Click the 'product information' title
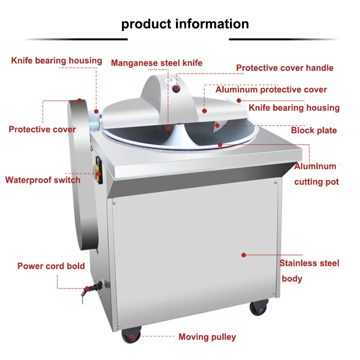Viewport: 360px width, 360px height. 185,24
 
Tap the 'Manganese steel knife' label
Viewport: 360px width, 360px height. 157,63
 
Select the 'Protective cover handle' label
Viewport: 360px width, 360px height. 285,68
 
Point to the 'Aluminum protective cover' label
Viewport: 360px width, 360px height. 271,90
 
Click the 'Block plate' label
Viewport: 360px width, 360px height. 314,130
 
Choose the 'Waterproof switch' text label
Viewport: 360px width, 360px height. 43,180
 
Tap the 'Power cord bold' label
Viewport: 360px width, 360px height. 51,266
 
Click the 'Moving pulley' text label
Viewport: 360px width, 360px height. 207,337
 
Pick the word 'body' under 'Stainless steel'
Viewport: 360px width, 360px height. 292,279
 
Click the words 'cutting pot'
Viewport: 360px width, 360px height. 316,182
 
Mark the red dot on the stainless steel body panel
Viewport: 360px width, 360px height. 243,255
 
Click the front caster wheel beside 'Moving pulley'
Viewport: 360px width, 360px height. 131,336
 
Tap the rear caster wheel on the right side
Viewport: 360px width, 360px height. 259,307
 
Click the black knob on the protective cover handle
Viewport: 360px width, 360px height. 176,89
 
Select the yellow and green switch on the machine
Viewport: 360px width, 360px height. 97,172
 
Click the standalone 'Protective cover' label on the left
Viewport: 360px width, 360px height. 42,130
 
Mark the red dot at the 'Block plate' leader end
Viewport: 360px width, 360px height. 217,126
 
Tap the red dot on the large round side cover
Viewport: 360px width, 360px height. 80,100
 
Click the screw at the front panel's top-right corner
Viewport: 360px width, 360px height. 276,183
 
